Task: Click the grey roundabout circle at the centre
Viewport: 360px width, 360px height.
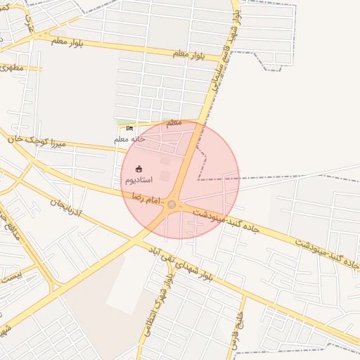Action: (x=172, y=204)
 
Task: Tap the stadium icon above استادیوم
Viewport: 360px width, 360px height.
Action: (x=139, y=169)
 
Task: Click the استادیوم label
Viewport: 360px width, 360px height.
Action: (x=139, y=181)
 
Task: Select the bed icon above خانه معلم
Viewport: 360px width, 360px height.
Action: (x=129, y=128)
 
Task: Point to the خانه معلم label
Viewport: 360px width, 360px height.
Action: (x=129, y=139)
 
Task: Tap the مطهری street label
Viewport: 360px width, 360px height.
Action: (x=12, y=67)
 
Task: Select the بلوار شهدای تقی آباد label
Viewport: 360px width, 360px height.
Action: (x=179, y=264)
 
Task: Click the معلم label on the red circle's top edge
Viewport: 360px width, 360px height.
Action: (x=173, y=122)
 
